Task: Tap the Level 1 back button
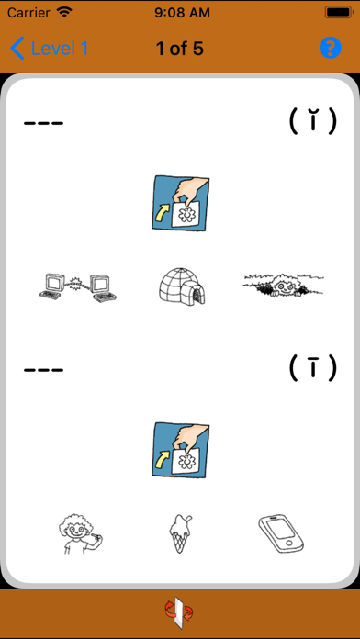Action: pyautogui.click(x=49, y=49)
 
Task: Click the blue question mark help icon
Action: pyautogui.click(x=331, y=48)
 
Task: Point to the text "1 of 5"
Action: pyautogui.click(x=180, y=49)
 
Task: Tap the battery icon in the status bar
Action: pyautogui.click(x=337, y=13)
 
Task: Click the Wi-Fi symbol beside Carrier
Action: pyautogui.click(x=64, y=12)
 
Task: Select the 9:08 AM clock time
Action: pyautogui.click(x=182, y=13)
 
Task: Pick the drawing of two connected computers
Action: pyautogui.click(x=78, y=287)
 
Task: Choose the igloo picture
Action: pyautogui.click(x=182, y=286)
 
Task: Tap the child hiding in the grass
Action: pyautogui.click(x=283, y=284)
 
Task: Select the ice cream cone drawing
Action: pyautogui.click(x=179, y=533)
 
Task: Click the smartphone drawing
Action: pyautogui.click(x=282, y=533)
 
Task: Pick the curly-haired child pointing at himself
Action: pyautogui.click(x=80, y=533)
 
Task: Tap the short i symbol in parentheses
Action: pyautogui.click(x=313, y=121)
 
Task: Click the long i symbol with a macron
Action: pyautogui.click(x=313, y=367)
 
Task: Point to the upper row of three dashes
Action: pyautogui.click(x=44, y=123)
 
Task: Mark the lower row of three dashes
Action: pyautogui.click(x=44, y=370)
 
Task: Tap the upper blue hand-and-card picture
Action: pyautogui.click(x=180, y=203)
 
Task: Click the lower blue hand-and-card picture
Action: pyautogui.click(x=180, y=450)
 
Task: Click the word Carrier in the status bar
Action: pyautogui.click(x=29, y=13)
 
